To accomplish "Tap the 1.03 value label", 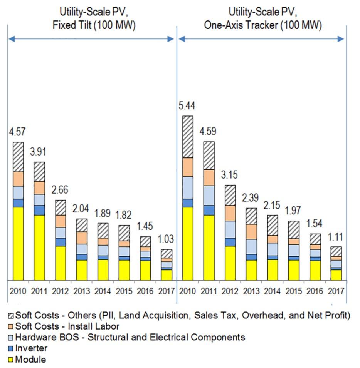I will (x=166, y=239).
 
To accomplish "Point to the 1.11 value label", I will (x=336, y=237).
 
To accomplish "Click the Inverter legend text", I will (x=31, y=348).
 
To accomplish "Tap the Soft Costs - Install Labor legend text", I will (x=67, y=326).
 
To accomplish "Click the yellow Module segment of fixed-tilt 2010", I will (x=18, y=243).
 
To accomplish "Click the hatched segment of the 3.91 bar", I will (x=39, y=171).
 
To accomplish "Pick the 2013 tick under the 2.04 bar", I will (x=81, y=290).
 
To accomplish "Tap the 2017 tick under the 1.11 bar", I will (x=336, y=290).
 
